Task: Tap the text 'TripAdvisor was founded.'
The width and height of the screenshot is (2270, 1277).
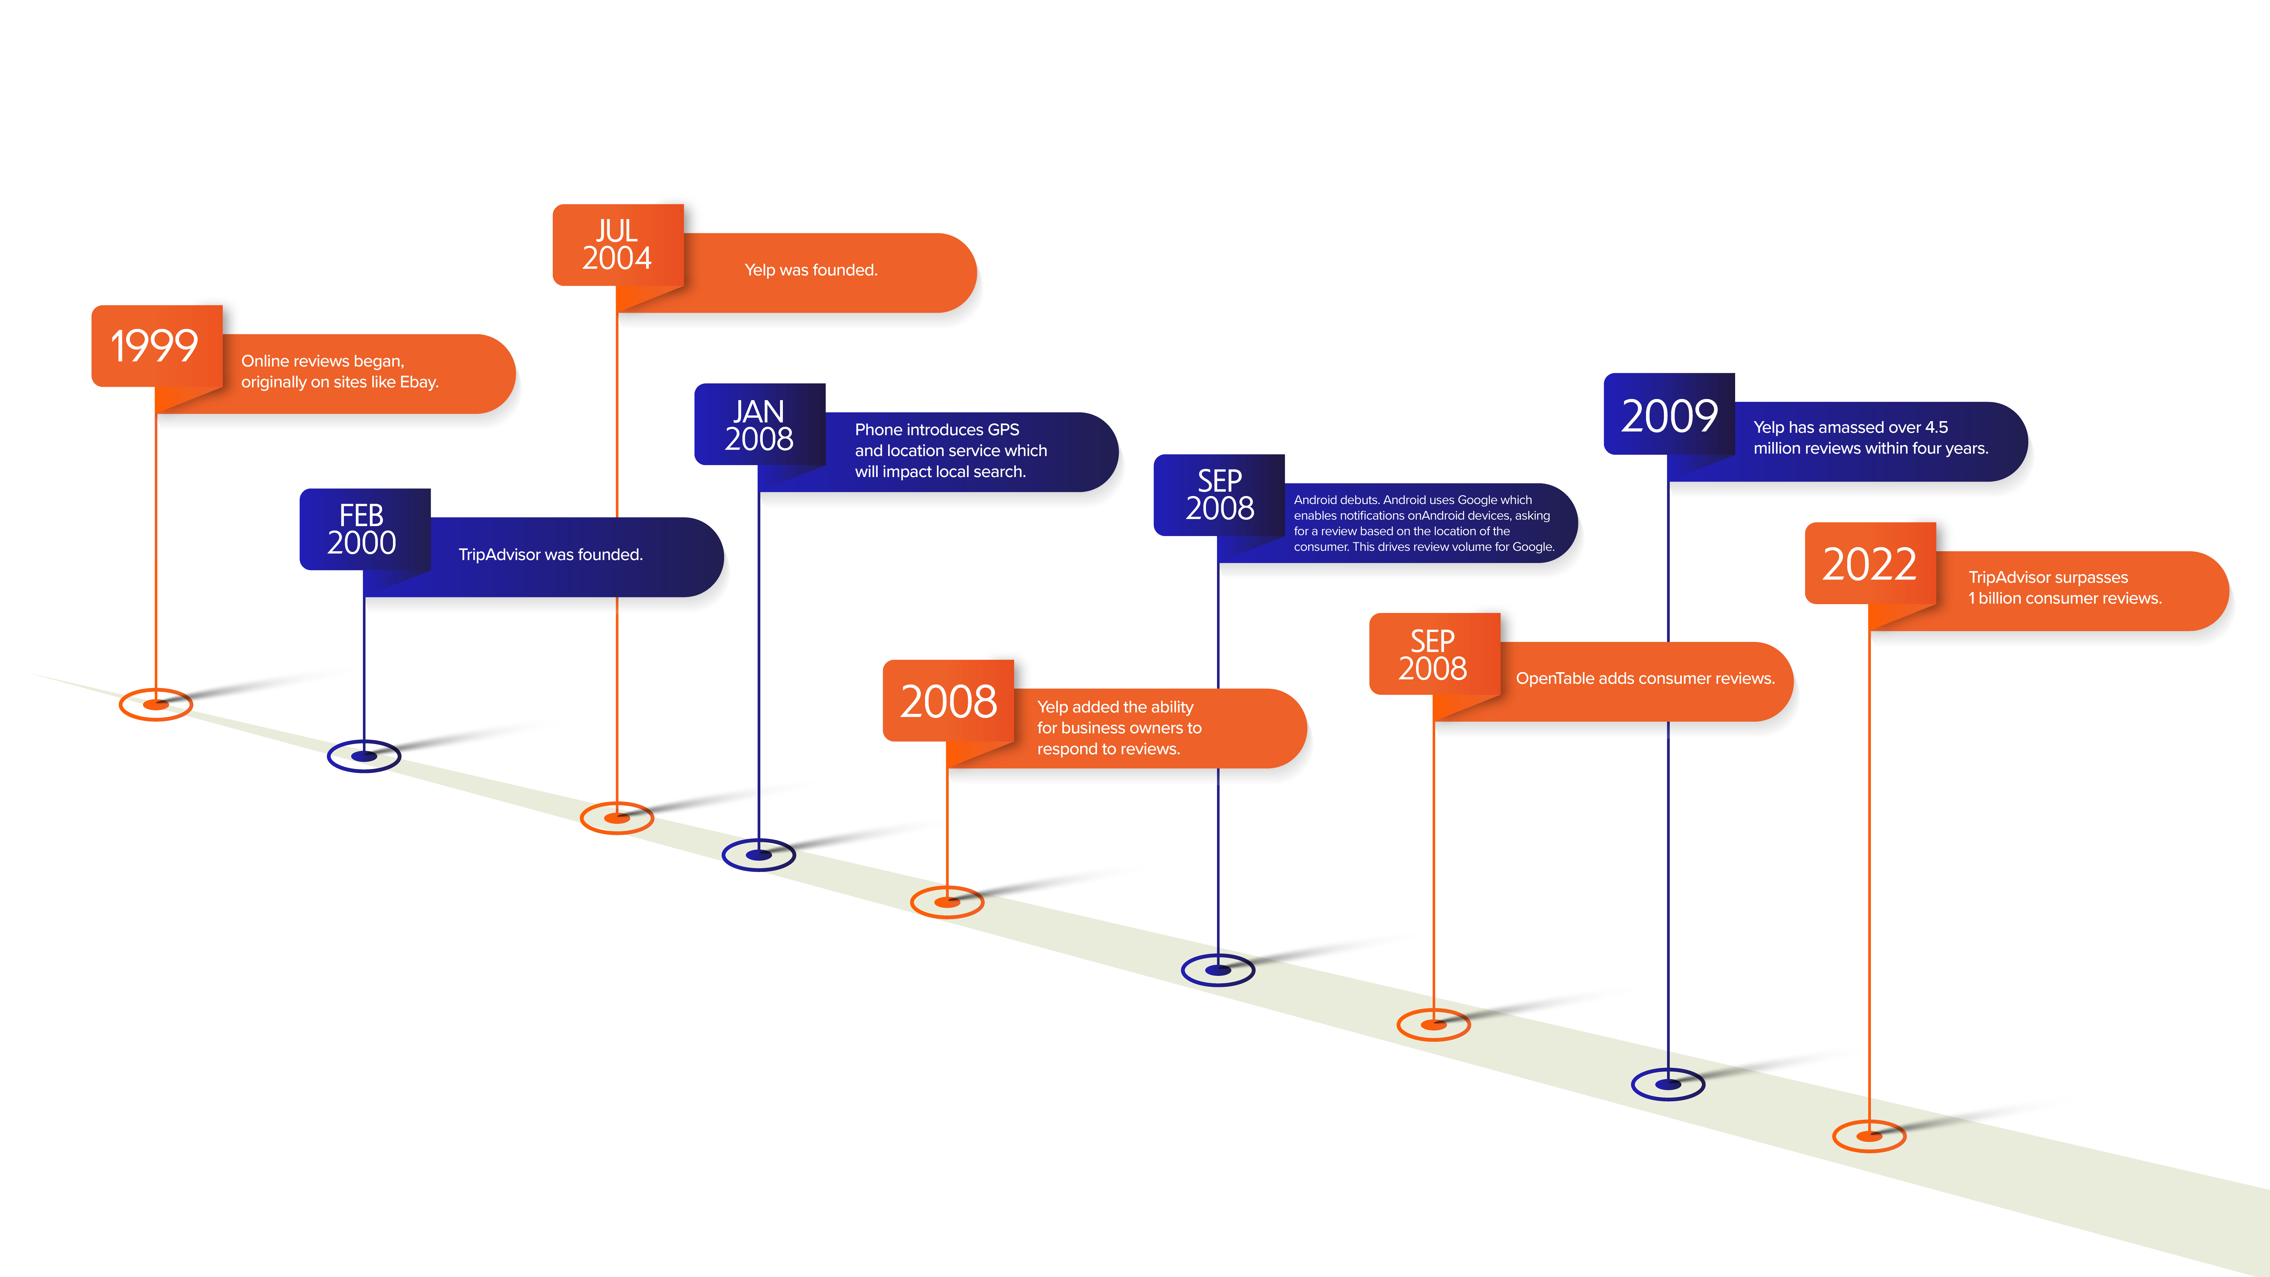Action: tap(551, 554)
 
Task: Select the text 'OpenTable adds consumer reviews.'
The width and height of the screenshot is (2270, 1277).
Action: tap(1645, 679)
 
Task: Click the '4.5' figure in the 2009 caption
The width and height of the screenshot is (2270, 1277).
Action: tap(1936, 427)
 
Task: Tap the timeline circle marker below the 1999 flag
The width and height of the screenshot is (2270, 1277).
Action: tap(156, 704)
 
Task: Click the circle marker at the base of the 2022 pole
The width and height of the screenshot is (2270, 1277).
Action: tap(1869, 1136)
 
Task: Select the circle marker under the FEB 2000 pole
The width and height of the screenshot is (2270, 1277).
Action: tap(364, 756)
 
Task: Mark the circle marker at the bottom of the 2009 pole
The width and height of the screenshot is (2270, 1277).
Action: tap(1668, 1084)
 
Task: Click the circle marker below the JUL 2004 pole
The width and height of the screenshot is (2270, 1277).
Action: tap(617, 818)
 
